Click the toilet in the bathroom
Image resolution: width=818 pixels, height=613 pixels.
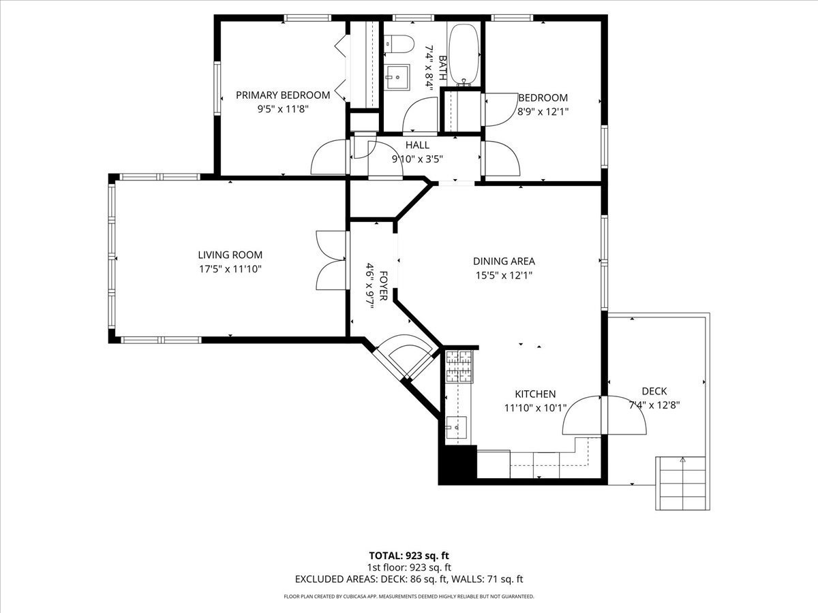(399, 44)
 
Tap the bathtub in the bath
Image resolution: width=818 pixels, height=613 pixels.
(464, 55)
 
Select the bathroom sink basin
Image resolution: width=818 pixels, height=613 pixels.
(397, 78)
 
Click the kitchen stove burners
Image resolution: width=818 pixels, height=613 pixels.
(459, 366)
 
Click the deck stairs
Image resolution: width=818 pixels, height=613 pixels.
(683, 483)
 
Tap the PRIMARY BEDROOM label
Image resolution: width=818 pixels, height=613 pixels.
(283, 95)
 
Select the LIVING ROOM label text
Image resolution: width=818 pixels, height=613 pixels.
(230, 255)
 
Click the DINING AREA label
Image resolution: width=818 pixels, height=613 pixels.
(504, 262)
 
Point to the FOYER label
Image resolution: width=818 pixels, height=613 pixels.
(383, 286)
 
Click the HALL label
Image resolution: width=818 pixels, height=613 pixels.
(417, 145)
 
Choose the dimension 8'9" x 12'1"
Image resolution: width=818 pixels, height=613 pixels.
(543, 112)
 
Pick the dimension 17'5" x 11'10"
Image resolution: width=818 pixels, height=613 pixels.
(230, 269)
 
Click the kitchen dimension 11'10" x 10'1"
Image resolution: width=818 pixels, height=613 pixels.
(535, 408)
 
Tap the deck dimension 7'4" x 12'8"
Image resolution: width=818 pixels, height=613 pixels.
(654, 405)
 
